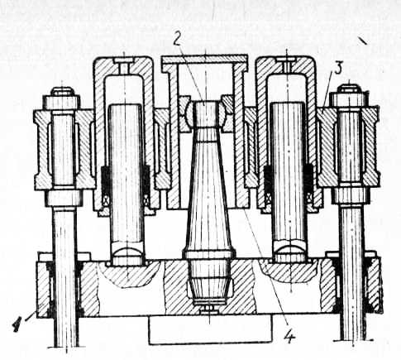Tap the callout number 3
pos(338,68)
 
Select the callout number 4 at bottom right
pos(289,336)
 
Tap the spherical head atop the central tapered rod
pos(207,113)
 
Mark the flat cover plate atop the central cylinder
pos(204,59)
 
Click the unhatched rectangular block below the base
pos(210,329)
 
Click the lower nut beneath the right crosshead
pos(350,195)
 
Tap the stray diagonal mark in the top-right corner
pos(362,41)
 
